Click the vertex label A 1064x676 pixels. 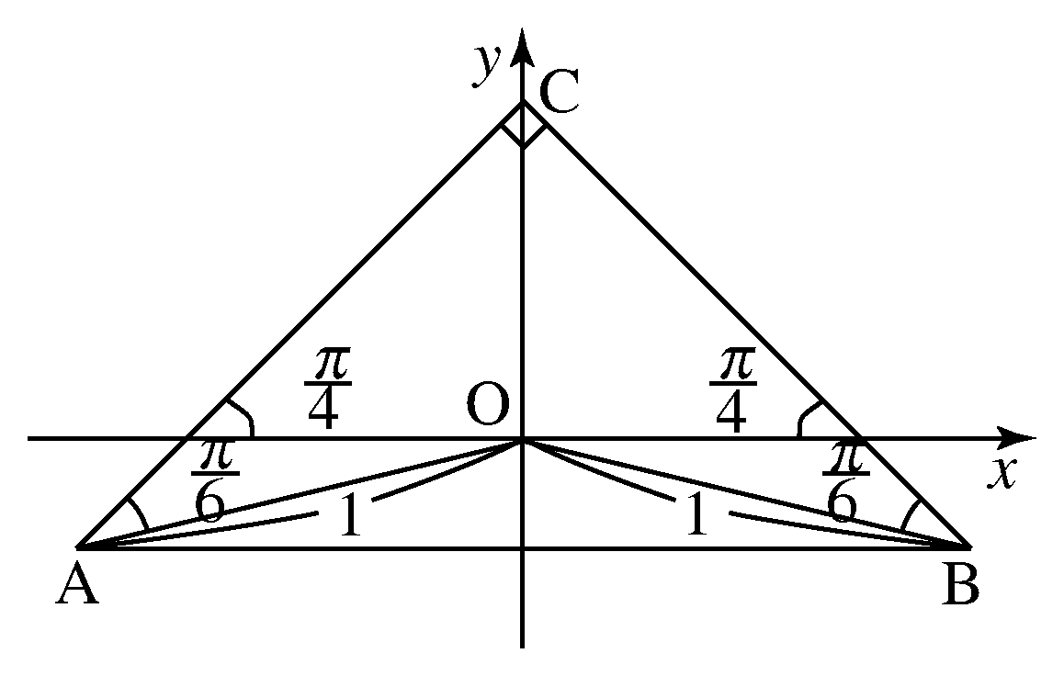(x=76, y=584)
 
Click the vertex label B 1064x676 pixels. (x=961, y=584)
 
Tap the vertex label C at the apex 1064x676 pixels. (x=559, y=92)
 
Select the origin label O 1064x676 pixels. (x=487, y=404)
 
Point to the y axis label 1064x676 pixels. (x=488, y=65)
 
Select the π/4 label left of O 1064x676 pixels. (x=327, y=389)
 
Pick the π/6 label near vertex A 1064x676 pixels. (x=213, y=481)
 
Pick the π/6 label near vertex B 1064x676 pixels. (x=844, y=481)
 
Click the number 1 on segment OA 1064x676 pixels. (x=349, y=515)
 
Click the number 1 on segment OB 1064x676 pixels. (x=696, y=514)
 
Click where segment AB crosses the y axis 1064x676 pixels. (x=522, y=547)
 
